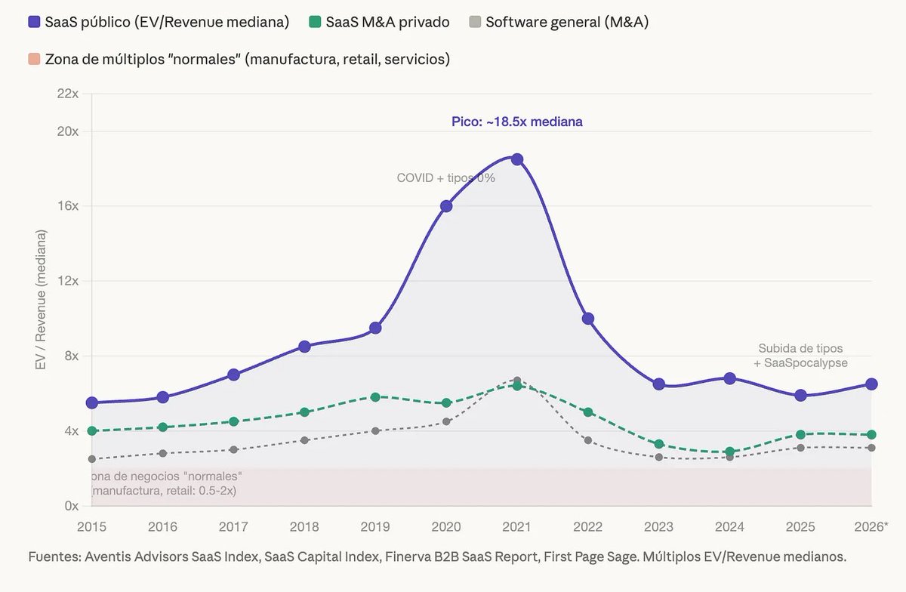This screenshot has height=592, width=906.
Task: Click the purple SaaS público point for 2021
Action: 517,159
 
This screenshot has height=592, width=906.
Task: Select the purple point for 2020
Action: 446,206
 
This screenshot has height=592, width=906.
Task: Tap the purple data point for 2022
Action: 588,319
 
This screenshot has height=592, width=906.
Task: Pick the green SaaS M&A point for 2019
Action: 375,397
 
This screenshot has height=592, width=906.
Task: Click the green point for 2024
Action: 729,452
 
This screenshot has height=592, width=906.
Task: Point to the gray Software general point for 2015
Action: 92,459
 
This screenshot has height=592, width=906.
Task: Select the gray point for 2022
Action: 588,440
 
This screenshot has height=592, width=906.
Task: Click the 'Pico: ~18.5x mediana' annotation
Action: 517,122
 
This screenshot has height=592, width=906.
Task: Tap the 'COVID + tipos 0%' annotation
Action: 445,178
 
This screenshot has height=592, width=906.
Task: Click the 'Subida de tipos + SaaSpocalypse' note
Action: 800,356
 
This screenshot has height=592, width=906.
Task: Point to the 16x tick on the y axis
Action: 68,206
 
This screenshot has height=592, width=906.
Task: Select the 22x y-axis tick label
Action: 68,94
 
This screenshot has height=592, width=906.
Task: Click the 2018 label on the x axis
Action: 304,527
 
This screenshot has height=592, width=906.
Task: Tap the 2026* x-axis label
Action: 871,527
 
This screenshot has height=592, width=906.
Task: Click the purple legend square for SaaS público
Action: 34,22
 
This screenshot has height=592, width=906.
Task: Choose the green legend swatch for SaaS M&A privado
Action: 315,22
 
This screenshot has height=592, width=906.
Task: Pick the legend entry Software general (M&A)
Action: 559,22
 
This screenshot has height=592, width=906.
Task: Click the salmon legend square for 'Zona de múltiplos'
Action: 34,59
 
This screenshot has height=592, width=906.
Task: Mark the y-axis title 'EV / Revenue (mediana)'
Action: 41,300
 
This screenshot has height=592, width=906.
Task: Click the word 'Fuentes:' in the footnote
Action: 55,557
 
